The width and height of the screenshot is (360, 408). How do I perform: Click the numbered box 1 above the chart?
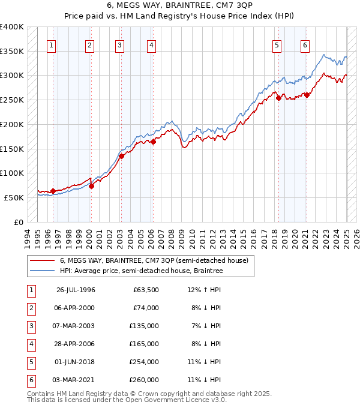point(52,44)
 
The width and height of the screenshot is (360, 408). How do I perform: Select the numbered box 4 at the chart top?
point(152,44)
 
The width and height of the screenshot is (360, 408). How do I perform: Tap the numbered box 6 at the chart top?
point(305,44)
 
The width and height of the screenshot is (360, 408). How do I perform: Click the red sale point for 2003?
point(121,156)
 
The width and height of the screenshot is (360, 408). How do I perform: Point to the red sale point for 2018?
point(278,98)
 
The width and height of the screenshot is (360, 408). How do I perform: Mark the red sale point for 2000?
point(91,186)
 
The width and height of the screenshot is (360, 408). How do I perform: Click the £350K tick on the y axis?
point(12,51)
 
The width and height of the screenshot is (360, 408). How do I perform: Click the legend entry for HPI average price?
point(141,271)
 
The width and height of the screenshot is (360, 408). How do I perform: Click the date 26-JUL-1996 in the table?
point(76,290)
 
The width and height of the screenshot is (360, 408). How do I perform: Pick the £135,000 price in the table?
point(146,326)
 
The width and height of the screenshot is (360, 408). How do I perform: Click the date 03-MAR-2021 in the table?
point(75,380)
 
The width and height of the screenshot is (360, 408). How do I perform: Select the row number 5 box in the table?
point(31,362)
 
